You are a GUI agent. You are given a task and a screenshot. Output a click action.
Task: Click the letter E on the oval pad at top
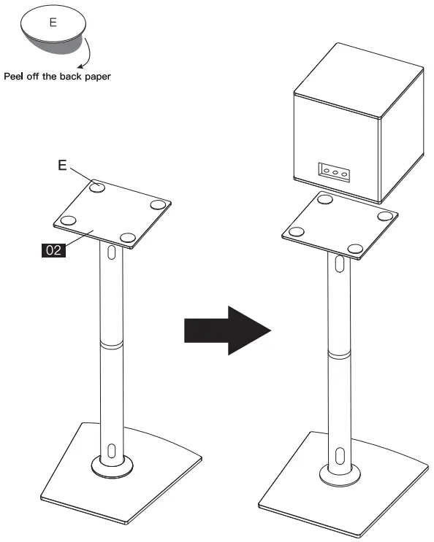coord(52,22)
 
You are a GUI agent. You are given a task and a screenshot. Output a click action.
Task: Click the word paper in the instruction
coord(96,77)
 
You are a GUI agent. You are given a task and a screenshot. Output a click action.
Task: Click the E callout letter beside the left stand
coord(63,166)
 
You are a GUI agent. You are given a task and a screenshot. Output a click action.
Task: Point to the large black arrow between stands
coord(226,330)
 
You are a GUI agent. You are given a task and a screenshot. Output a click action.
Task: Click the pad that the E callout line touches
coord(97,187)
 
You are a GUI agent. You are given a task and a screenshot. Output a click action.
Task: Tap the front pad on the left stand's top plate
coord(129,238)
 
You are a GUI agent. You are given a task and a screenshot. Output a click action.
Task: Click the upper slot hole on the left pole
coord(111,253)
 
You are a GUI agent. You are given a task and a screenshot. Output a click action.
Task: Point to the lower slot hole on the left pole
coord(111,449)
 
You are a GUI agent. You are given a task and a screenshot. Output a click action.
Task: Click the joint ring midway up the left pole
coord(111,342)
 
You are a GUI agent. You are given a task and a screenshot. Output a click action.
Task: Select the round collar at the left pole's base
coord(111,465)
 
